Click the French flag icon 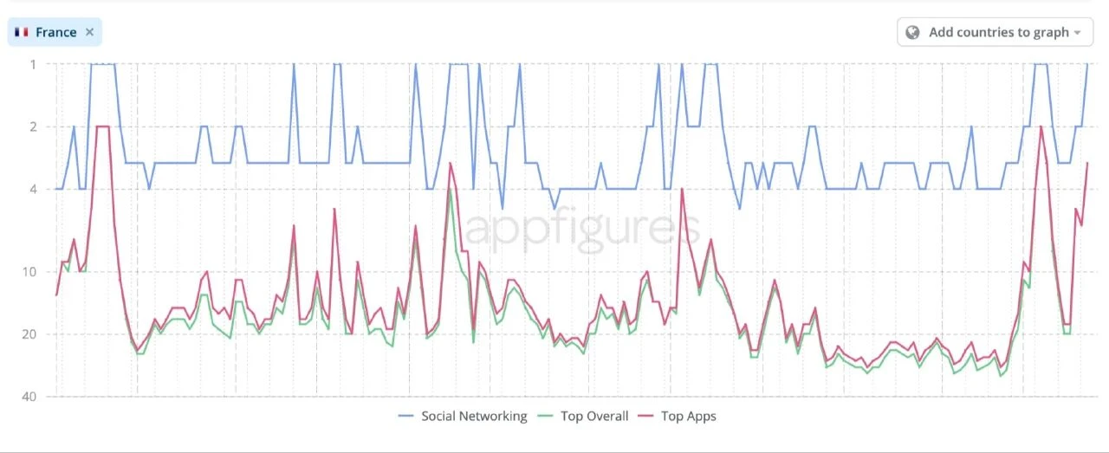pos(22,32)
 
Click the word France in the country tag pos(55,32)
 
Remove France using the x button pos(89,32)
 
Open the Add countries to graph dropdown pos(994,32)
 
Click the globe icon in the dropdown pos(912,32)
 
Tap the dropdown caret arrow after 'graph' pos(1078,33)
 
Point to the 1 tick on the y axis pos(33,64)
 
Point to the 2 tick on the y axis pos(33,126)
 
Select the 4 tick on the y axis pos(33,189)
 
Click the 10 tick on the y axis pos(30,272)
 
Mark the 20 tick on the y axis pos(30,334)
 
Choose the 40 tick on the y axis pos(30,397)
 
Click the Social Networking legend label pos(473,416)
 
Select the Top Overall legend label pos(594,416)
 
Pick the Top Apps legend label pos(688,416)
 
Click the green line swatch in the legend pos(546,417)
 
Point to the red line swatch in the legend pos(646,417)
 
